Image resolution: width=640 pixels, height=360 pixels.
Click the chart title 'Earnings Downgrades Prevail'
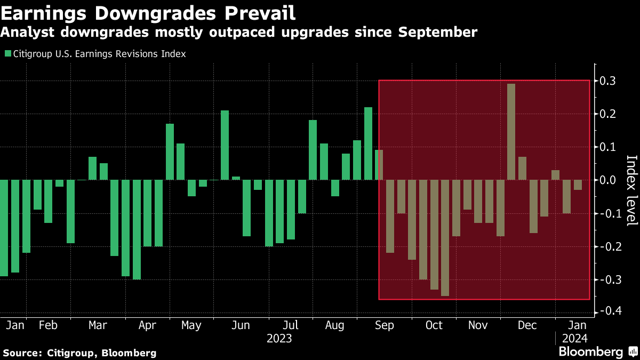[148, 12]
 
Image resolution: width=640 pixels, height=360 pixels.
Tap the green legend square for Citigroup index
[7, 54]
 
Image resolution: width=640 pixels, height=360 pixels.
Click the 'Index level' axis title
[631, 190]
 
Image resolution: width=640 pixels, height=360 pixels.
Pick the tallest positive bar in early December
[511, 132]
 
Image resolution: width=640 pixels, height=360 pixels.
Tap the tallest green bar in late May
[225, 145]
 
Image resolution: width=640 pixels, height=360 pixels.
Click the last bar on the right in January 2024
[578, 185]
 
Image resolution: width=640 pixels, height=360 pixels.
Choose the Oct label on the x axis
[434, 325]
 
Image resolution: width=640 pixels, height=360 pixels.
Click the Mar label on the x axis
[98, 325]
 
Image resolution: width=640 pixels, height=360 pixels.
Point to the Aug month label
[335, 325]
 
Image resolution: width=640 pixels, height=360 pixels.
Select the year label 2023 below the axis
[279, 338]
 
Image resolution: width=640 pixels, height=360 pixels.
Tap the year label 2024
[574, 338]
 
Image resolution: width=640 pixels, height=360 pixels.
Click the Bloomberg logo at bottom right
[590, 352]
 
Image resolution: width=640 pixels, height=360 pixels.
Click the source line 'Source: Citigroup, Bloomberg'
[79, 353]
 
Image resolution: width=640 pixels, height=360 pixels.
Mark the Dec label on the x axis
[527, 325]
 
